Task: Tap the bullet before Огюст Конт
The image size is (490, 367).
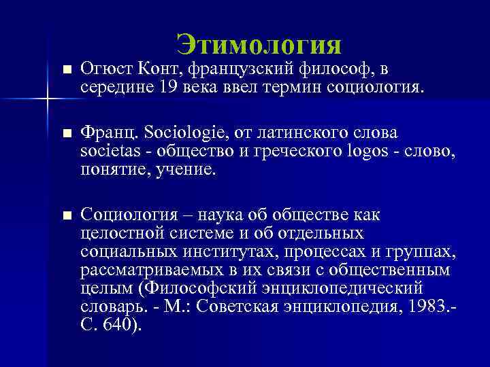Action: tap(65, 69)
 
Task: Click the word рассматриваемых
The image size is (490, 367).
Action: tap(136, 270)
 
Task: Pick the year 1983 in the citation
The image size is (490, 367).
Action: tap(429, 306)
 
